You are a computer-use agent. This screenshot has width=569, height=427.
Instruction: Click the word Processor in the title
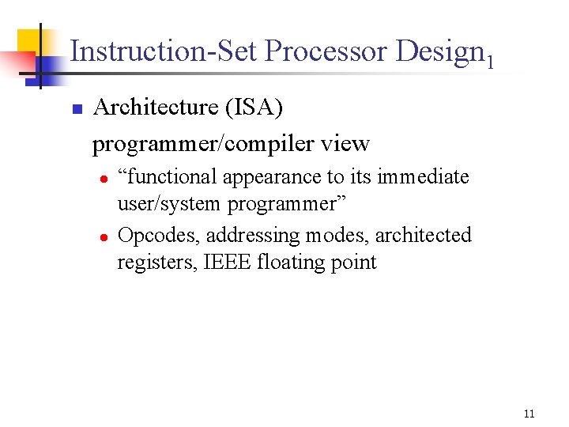coord(326,51)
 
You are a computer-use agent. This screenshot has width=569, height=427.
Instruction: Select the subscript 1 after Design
coord(491,61)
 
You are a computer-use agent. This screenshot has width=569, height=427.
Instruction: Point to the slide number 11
coord(529,414)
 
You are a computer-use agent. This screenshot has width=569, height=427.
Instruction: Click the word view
coord(346,144)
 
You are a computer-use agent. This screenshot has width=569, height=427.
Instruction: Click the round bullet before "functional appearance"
coord(103,178)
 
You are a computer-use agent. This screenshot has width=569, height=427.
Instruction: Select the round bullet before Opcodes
coord(103,236)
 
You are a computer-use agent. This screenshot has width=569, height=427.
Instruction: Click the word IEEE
coord(229,262)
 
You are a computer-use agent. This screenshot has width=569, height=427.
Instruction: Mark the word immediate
coord(423,177)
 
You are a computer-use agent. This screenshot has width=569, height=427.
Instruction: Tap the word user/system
coord(169,204)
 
